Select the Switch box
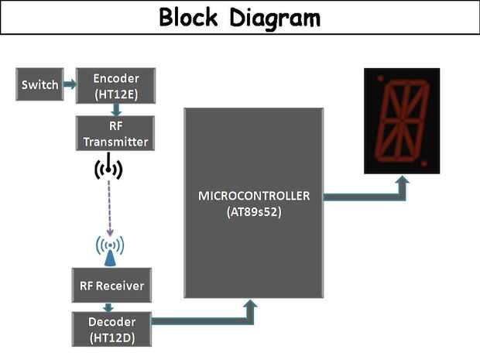[x=39, y=84]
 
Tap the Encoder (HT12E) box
[x=115, y=84]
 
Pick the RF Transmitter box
[x=115, y=133]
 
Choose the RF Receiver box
[x=111, y=286]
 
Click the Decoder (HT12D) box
[x=111, y=327]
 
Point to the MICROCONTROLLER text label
[x=254, y=195]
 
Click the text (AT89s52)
[x=254, y=211]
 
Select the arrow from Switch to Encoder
[x=69, y=84]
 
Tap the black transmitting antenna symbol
[x=109, y=166]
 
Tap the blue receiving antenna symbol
[x=110, y=247]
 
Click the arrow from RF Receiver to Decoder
[x=111, y=307]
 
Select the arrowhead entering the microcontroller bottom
[x=249, y=307]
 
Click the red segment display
[x=402, y=121]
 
